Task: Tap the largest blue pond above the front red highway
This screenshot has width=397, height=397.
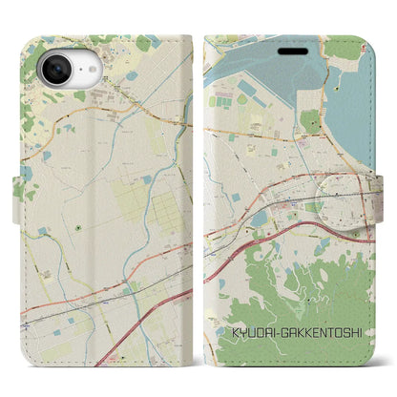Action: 261,219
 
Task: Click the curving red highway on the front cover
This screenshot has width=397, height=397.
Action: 286,240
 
